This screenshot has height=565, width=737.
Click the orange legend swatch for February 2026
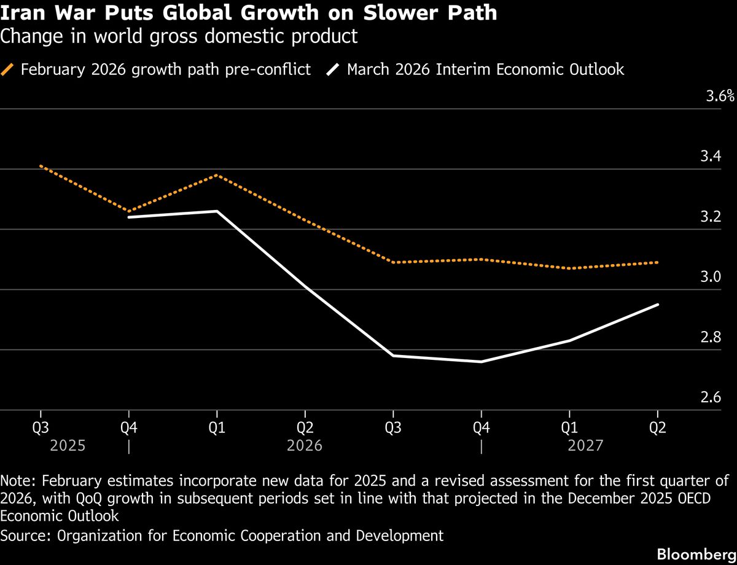[x=8, y=69]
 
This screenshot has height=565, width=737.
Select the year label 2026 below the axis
[x=305, y=445]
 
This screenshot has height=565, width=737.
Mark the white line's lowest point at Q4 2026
[x=482, y=362]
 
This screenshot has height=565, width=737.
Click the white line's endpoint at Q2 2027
[x=658, y=305]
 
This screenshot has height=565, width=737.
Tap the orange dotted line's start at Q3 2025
[x=41, y=166]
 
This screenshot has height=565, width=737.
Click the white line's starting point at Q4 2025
[x=128, y=217]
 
